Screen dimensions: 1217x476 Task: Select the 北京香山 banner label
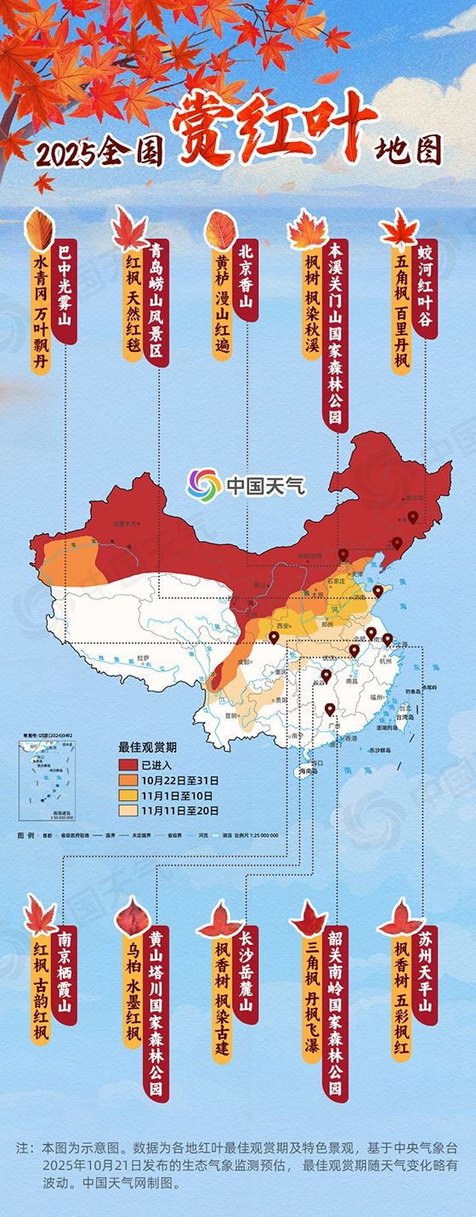(246, 280)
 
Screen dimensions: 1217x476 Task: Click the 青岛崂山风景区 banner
(155, 302)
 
